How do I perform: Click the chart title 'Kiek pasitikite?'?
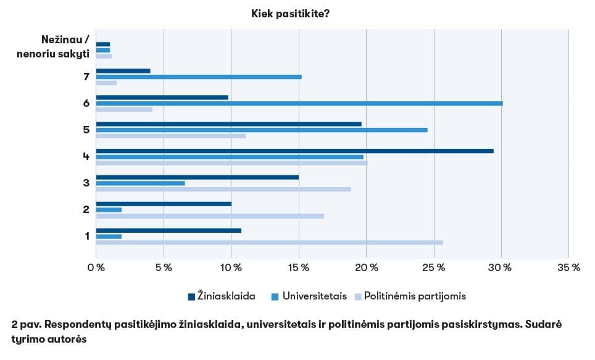[290, 13]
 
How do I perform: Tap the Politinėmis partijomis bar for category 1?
[269, 242]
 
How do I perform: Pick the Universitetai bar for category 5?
[262, 130]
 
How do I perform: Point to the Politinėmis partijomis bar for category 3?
[223, 189]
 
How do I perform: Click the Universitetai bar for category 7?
[199, 77]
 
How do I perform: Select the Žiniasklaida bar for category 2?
[164, 204]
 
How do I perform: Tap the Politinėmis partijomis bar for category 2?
[210, 216]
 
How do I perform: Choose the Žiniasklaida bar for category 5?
[228, 123]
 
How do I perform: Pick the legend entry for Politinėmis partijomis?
[410, 296]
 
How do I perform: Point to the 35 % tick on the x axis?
[568, 267]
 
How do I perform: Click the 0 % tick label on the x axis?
[96, 267]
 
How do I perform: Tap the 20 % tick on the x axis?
[366, 267]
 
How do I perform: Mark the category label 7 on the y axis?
[87, 77]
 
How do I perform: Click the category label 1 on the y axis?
[87, 235]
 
